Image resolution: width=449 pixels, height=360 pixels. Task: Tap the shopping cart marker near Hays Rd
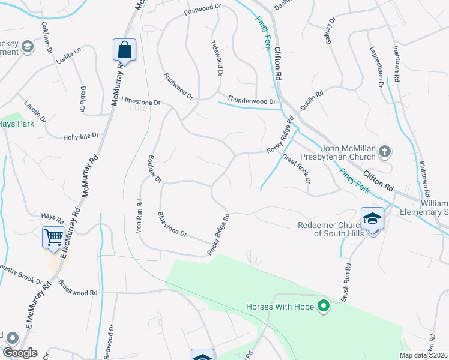(53, 238)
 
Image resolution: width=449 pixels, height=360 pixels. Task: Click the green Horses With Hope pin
(324, 307)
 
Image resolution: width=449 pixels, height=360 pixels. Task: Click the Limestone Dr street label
(141, 102)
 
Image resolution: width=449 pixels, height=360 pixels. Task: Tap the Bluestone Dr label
(172, 224)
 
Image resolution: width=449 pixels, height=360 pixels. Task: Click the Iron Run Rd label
(139, 216)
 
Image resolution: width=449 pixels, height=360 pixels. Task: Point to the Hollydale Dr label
(80, 137)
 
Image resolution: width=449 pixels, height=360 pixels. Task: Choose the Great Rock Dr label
(297, 169)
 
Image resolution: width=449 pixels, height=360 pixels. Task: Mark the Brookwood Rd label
(78, 292)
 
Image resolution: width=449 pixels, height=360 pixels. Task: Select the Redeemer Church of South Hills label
(331, 229)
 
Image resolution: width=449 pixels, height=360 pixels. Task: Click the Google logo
(20, 353)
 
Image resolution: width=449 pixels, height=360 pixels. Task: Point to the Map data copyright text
(423, 355)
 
